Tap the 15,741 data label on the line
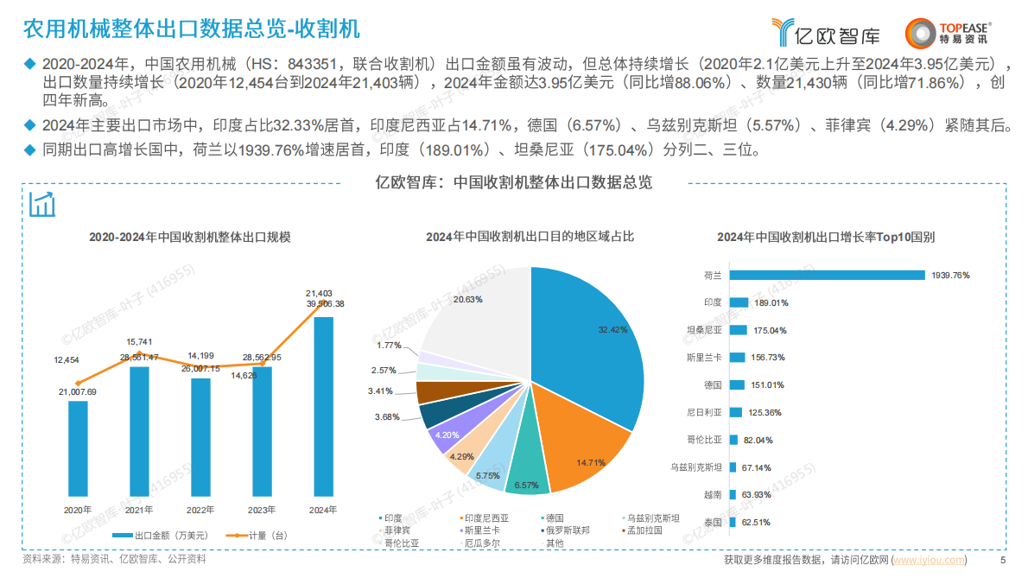[139, 342]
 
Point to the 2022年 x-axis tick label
[200, 510]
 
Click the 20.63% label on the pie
[468, 299]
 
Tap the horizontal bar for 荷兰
[827, 275]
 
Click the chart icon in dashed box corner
[42, 205]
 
